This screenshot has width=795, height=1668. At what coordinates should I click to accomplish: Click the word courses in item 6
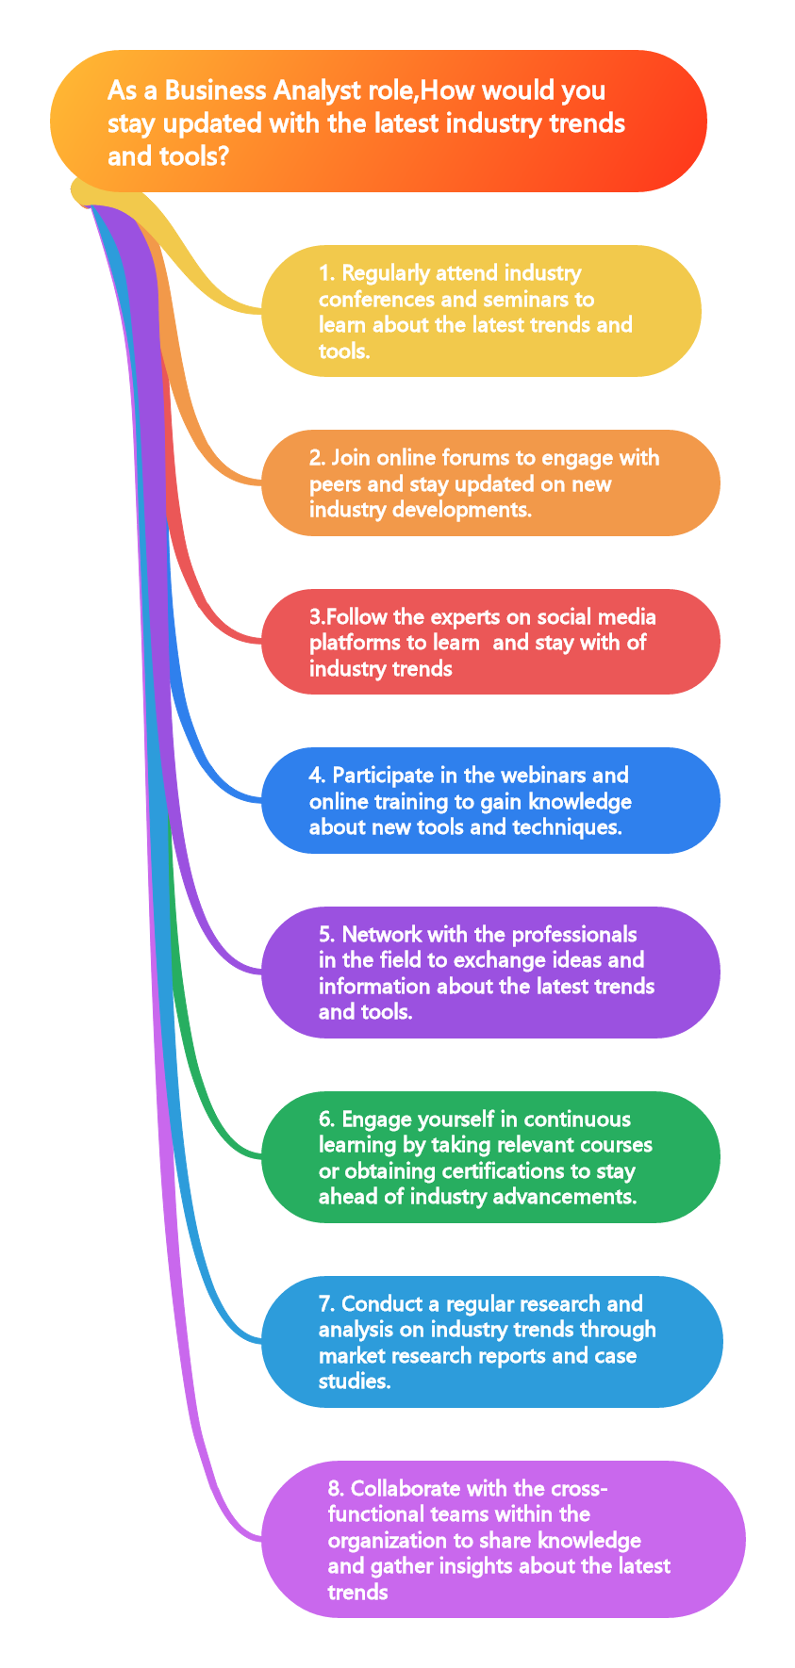pyautogui.click(x=617, y=1145)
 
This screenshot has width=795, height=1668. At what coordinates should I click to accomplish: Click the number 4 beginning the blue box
pyautogui.click(x=315, y=776)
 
